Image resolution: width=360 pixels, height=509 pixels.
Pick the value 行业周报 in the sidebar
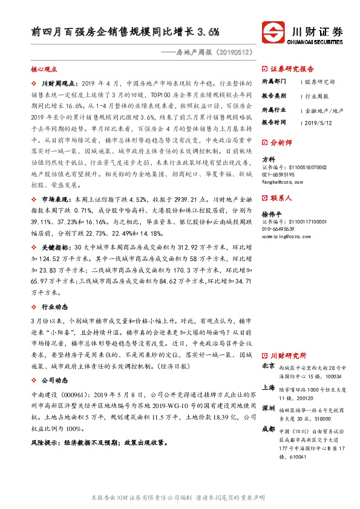point(316,96)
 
